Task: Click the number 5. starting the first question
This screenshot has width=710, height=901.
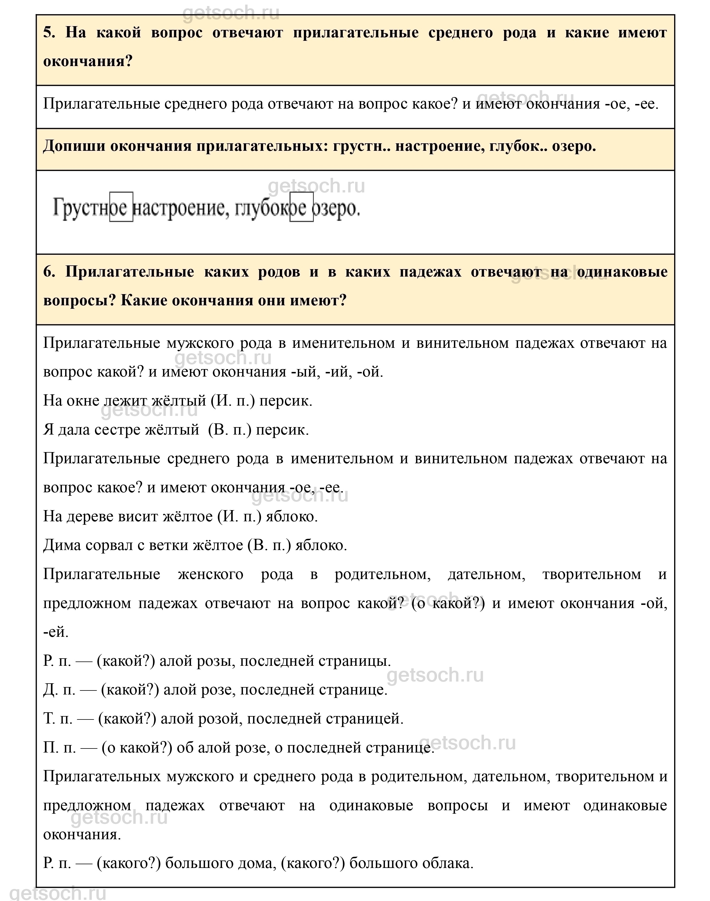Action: pos(49,32)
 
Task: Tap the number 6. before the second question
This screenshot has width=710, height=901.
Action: pos(49,272)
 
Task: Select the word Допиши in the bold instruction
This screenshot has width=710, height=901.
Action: pos(73,146)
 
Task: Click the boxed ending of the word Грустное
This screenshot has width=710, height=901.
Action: pos(121,207)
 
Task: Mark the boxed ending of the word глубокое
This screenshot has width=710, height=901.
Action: pos(301,207)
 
